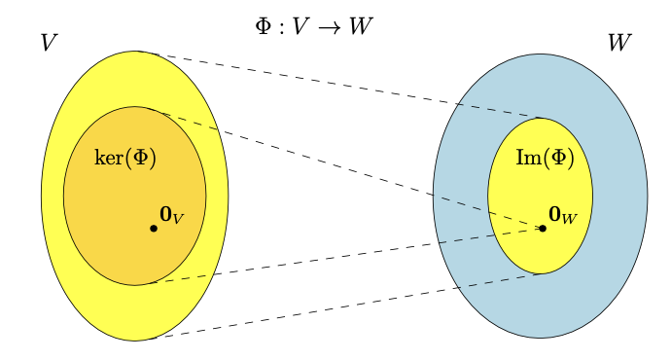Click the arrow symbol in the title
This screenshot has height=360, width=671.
click(330, 28)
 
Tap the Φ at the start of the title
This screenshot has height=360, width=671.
click(264, 26)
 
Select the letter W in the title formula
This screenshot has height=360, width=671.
click(361, 26)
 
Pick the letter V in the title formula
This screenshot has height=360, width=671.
click(300, 26)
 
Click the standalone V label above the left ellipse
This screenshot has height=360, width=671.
click(49, 43)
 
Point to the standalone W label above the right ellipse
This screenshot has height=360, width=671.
click(619, 43)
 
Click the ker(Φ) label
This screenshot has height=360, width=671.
click(124, 158)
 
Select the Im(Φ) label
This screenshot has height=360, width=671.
click(545, 158)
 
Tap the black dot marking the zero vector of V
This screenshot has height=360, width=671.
click(154, 229)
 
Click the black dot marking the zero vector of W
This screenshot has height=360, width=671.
click(543, 229)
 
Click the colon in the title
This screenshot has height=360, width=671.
click(281, 28)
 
